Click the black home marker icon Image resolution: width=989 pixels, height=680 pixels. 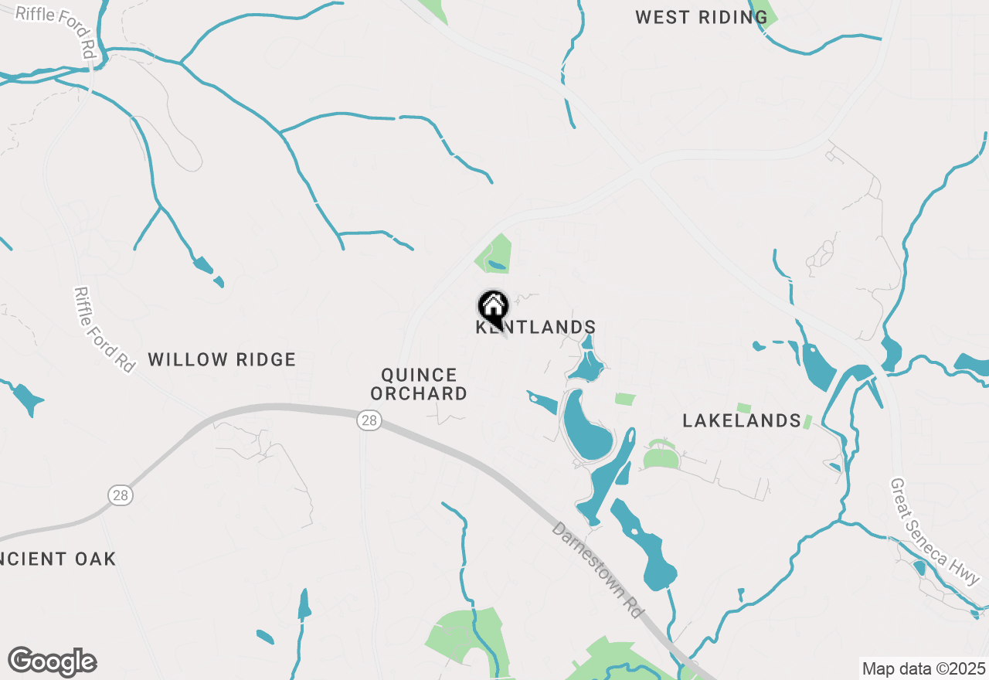(x=493, y=307)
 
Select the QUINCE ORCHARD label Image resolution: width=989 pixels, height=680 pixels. (x=419, y=384)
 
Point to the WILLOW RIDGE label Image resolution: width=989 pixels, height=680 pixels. (x=222, y=359)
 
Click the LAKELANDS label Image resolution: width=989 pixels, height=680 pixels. (x=742, y=420)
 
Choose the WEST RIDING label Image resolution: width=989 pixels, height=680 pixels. (x=702, y=17)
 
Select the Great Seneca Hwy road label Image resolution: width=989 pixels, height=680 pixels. (x=934, y=532)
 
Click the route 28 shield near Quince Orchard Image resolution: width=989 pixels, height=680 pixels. (x=368, y=420)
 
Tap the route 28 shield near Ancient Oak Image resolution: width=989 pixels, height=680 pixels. (x=120, y=495)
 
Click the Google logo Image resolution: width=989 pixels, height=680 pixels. (x=53, y=662)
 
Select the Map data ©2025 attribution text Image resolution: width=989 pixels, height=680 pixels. (x=923, y=668)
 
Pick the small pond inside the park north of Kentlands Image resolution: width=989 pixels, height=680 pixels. (x=496, y=266)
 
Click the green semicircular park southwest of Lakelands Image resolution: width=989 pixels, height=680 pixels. (x=661, y=457)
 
